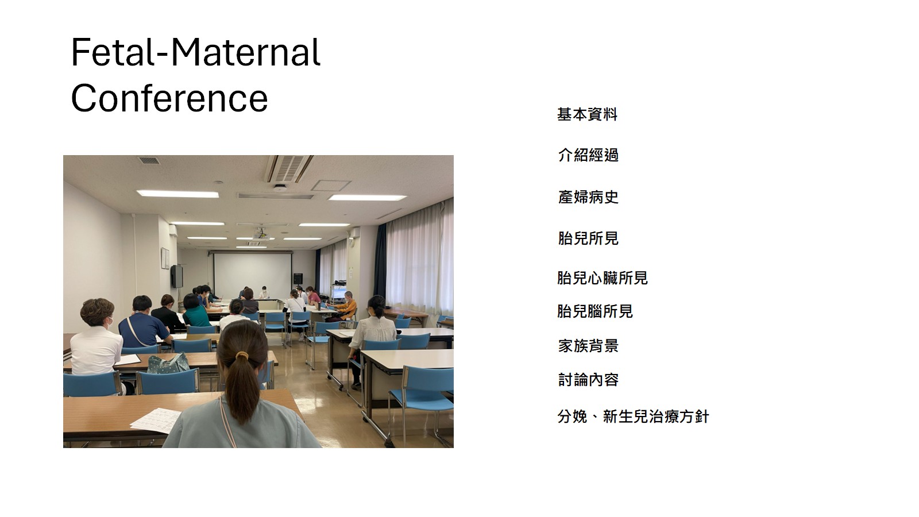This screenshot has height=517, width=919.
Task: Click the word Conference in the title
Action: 169,98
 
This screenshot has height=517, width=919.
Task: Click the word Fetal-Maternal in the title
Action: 196,52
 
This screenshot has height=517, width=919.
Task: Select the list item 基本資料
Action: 587,114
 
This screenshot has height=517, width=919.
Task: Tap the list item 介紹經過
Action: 588,155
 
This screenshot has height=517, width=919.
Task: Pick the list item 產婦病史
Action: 588,197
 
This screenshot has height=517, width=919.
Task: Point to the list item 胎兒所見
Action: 588,238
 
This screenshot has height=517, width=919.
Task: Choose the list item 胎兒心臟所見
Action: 603,278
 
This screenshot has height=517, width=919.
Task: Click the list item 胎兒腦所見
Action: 595,311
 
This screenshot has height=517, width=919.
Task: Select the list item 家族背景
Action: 588,346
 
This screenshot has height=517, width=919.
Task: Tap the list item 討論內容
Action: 588,380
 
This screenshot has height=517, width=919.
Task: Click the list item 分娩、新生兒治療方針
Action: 633,416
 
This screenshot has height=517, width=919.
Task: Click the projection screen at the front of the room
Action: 252,271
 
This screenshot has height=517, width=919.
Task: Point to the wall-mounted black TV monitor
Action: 177,276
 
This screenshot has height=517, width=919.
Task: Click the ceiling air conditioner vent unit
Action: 288,168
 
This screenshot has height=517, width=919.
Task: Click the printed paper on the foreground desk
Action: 156,420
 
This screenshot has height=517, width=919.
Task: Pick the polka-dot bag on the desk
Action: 169,364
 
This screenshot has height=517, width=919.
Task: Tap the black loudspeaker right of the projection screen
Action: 298,279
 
